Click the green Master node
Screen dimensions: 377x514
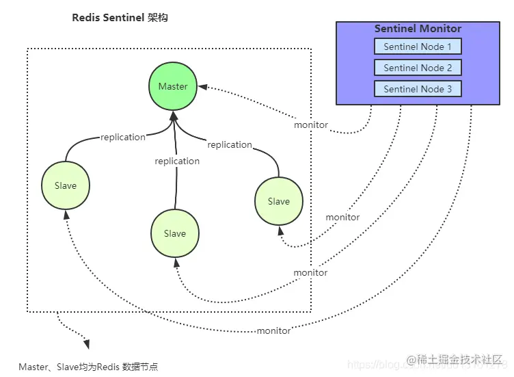173,86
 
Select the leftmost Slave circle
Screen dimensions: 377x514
66,185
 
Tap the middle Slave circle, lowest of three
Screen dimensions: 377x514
175,233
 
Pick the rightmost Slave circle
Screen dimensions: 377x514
279,201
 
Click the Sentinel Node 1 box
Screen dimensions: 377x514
418,47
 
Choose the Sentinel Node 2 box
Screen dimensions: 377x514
418,68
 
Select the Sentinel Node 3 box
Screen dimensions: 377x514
418,89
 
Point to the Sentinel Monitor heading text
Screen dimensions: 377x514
418,29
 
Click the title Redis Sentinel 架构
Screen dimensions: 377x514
120,18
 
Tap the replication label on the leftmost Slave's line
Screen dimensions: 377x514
123,137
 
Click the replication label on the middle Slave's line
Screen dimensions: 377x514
177,161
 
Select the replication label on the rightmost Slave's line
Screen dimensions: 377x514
230,144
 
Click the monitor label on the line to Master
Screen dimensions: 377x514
311,125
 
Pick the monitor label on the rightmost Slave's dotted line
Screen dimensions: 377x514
342,217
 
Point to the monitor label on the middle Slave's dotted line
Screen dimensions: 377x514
310,272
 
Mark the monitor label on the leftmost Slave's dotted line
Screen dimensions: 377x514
273,330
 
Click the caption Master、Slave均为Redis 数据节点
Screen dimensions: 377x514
88,367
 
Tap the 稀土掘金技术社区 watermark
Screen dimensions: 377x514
455,359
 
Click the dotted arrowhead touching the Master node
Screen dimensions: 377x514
202,87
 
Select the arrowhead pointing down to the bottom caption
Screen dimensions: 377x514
85,344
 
